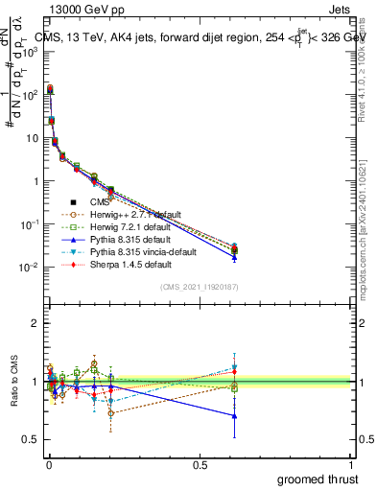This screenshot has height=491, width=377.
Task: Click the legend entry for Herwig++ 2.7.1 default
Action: tap(129, 214)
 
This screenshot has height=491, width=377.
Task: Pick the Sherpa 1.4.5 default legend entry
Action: tap(124, 264)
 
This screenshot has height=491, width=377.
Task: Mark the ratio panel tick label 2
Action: tap(35, 324)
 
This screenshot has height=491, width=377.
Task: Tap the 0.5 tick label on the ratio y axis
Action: tap(32, 439)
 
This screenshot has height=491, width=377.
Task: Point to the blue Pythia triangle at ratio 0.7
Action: tap(234, 415)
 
